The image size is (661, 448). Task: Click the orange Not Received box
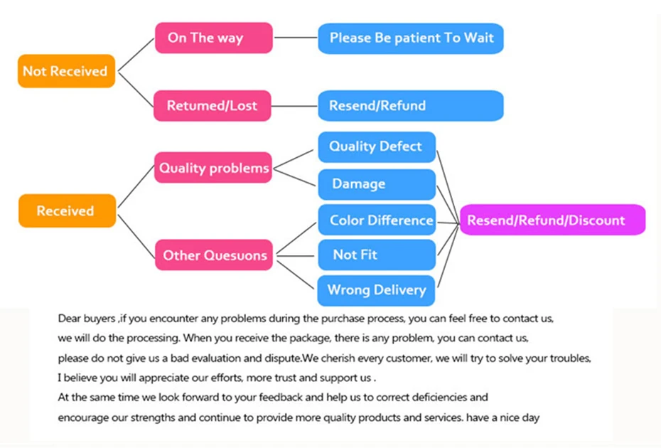point(66,71)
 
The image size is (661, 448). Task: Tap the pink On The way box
point(214,38)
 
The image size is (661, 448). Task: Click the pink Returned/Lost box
point(213,106)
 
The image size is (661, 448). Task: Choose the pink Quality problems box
point(214,169)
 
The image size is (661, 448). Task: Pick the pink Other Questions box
point(215,255)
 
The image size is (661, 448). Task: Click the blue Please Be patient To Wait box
point(411,38)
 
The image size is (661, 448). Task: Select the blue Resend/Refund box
point(411,106)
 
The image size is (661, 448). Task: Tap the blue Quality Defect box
point(376,146)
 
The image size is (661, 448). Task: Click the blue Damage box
point(376,184)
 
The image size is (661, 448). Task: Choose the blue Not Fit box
point(376,255)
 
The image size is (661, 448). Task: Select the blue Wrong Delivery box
point(376,290)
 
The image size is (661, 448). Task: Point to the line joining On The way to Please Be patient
point(295,38)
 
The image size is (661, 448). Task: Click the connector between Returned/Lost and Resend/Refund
point(294,106)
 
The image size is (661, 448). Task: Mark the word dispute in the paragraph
point(276,358)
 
